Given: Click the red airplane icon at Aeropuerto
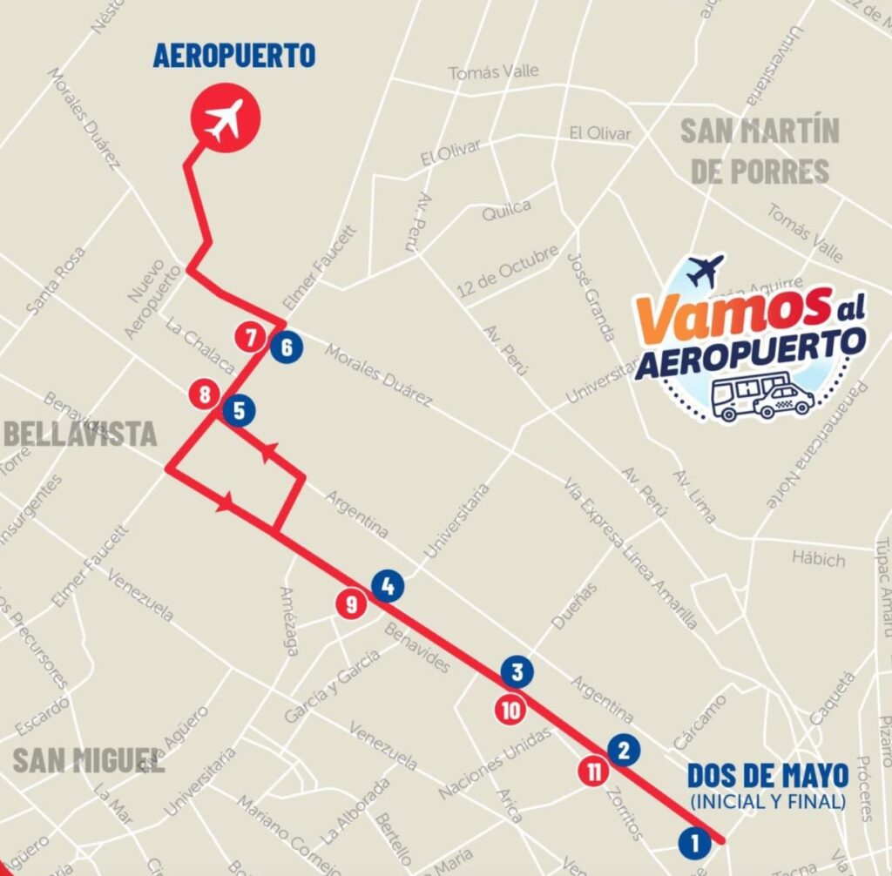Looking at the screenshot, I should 226,118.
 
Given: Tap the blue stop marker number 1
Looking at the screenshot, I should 694,842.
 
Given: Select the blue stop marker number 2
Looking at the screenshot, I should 623,749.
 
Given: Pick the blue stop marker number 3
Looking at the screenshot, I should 517,672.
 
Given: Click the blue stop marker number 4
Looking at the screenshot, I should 388,586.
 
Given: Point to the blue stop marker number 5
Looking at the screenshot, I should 238,409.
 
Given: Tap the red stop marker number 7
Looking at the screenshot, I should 251,336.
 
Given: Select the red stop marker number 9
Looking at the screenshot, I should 351,603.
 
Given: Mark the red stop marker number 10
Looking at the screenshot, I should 511,710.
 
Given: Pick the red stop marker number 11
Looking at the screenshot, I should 594,771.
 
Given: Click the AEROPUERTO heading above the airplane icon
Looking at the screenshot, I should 233,56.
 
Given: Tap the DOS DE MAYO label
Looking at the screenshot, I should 767,774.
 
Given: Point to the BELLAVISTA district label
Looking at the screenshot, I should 80,434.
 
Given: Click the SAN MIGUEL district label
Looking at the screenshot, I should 87,759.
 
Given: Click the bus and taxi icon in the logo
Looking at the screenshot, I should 761,396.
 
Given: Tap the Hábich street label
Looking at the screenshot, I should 818,557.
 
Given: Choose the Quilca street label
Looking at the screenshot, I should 506,208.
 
